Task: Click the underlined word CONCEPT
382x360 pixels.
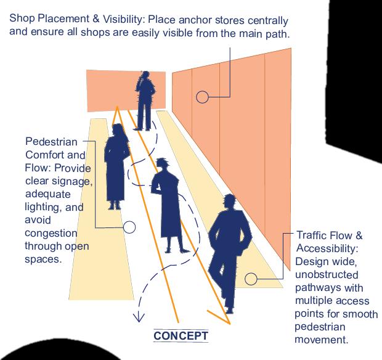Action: coord(181,336)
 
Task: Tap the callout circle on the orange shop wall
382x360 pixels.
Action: coord(202,97)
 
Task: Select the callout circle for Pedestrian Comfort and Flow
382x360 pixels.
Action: coord(129,227)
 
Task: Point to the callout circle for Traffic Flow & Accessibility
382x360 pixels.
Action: coord(251,279)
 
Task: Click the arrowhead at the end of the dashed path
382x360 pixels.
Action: coord(139,318)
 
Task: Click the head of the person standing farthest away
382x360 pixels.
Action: coord(145,76)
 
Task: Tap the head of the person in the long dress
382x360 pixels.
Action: coord(118,129)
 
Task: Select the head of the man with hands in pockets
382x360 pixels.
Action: coord(230,202)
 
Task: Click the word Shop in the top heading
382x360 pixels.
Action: coord(22,18)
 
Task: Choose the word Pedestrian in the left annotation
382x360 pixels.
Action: coord(51,142)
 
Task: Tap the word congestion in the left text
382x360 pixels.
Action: coord(51,233)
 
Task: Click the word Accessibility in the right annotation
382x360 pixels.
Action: coord(327,248)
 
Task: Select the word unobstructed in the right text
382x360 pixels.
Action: coord(327,274)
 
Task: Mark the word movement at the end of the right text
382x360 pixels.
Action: coord(322,340)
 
